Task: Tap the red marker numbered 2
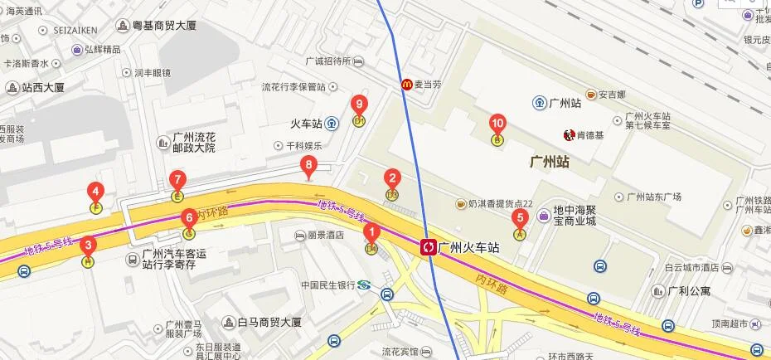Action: pyautogui.click(x=393, y=178)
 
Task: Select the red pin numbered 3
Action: pyautogui.click(x=88, y=246)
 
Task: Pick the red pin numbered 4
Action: pyautogui.click(x=96, y=191)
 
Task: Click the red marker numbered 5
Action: pyautogui.click(x=521, y=220)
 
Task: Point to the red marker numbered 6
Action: pyautogui.click(x=189, y=219)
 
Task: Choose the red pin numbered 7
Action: pyautogui.click(x=177, y=180)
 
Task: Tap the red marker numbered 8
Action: pyautogui.click(x=309, y=166)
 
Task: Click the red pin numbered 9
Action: pyautogui.click(x=359, y=105)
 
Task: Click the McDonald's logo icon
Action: pyautogui.click(x=407, y=83)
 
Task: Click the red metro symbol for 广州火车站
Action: pyautogui.click(x=429, y=246)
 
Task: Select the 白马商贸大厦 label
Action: pyautogui.click(x=267, y=321)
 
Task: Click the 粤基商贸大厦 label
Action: pyautogui.click(x=165, y=26)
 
